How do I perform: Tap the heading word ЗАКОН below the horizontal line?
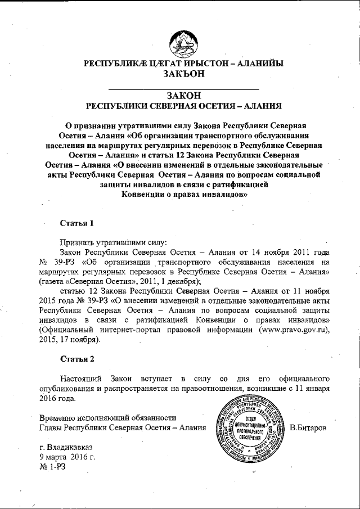(183, 96)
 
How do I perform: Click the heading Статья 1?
(76, 223)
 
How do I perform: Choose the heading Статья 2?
(76, 358)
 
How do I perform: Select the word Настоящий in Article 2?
(81, 379)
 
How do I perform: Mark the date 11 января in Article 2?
(307, 388)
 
